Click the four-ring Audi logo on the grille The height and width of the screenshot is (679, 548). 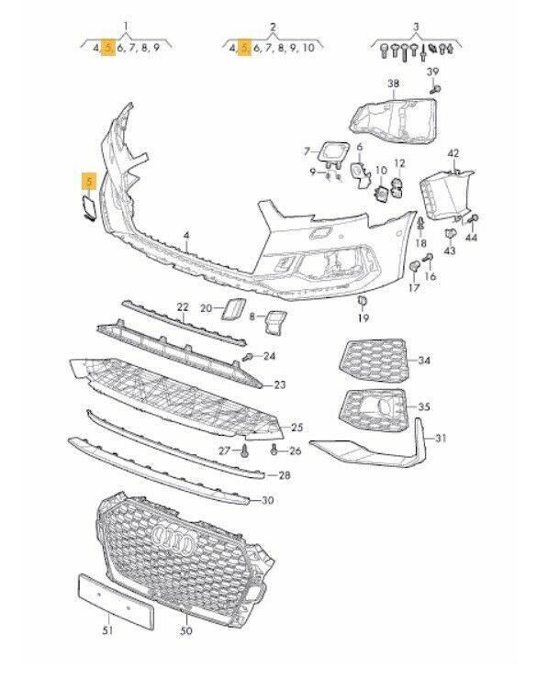(x=173, y=539)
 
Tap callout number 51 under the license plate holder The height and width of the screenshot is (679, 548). (x=107, y=630)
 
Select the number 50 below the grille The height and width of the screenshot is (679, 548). (x=185, y=630)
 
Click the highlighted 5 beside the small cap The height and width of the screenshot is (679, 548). (x=90, y=181)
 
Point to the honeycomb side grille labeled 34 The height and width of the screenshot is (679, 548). (x=374, y=360)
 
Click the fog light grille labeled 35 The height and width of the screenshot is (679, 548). (x=374, y=409)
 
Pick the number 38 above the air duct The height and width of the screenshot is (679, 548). (x=393, y=83)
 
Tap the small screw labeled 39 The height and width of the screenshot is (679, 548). (x=435, y=90)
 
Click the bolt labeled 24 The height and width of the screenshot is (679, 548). (x=248, y=357)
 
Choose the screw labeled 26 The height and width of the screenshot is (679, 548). (x=274, y=451)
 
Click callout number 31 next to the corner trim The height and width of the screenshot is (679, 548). (x=441, y=439)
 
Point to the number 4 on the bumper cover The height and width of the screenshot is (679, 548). (x=186, y=235)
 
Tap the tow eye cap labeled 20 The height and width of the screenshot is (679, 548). (x=233, y=309)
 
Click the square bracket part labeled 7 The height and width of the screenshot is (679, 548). (x=334, y=154)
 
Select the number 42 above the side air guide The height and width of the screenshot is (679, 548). (x=453, y=153)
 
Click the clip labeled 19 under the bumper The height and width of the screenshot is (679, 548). (x=363, y=301)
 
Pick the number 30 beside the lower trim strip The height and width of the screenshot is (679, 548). (x=268, y=500)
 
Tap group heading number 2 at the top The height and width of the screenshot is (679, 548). (x=273, y=27)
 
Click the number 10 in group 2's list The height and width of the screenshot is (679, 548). (x=308, y=47)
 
